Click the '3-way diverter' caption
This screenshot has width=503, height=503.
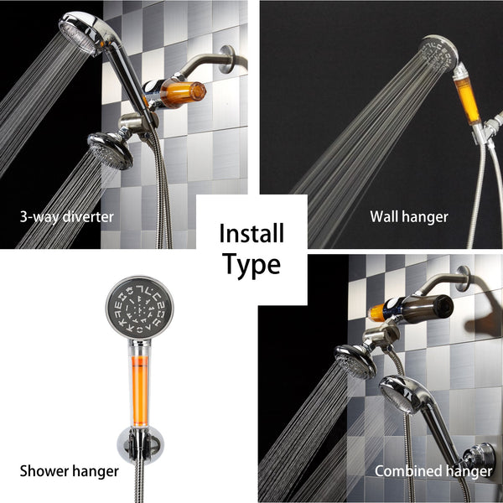pyautogui.click(x=66, y=217)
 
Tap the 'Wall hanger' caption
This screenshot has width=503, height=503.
pyautogui.click(x=409, y=217)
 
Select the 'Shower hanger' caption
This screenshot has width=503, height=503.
pyautogui.click(x=69, y=471)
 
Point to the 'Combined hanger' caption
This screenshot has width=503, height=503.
pyautogui.click(x=433, y=471)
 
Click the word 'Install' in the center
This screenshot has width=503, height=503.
pyautogui.click(x=251, y=232)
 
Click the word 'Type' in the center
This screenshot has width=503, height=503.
pyautogui.click(x=251, y=266)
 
